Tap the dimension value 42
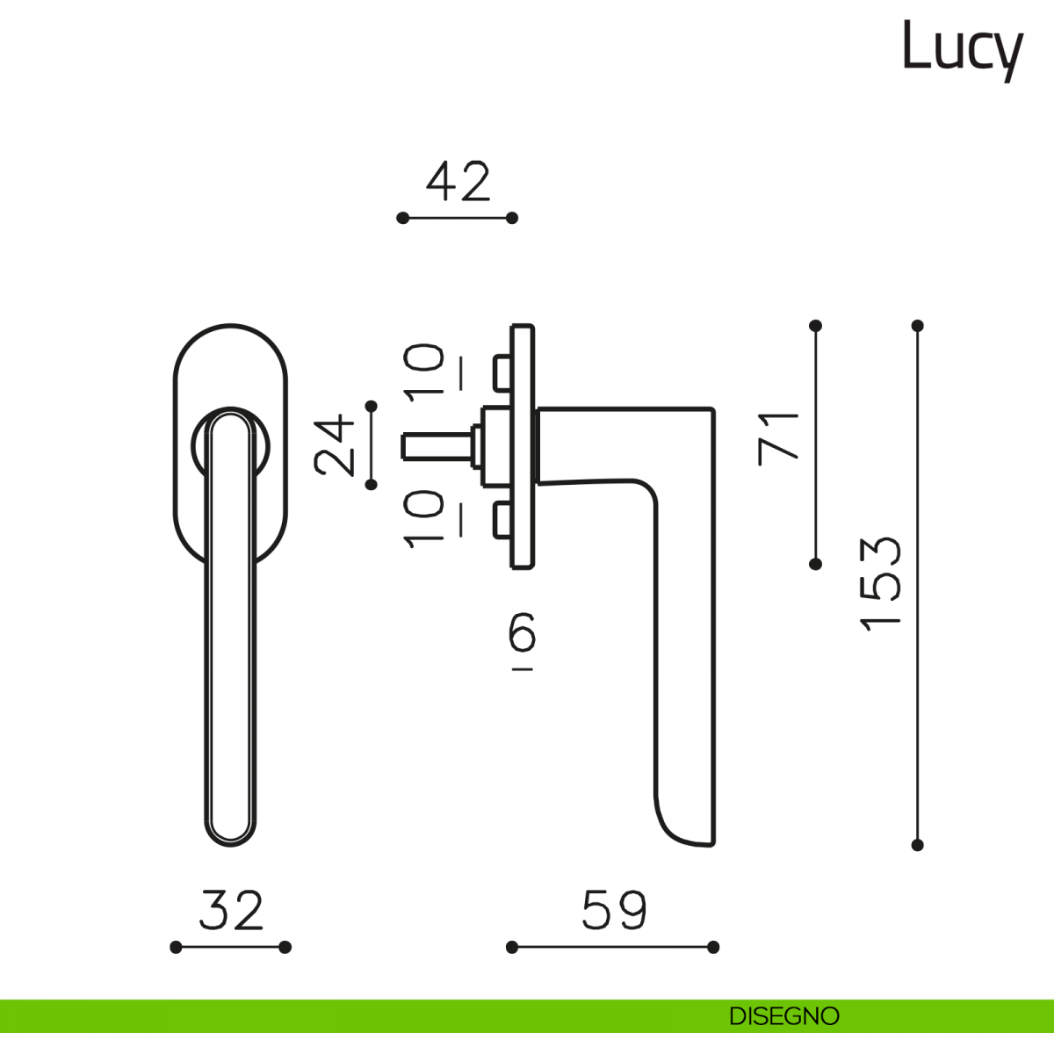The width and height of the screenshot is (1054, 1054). [x=458, y=182]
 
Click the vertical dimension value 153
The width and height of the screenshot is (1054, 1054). [x=880, y=584]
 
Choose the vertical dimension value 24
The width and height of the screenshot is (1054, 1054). [x=334, y=444]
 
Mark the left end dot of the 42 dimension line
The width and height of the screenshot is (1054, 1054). [x=402, y=218]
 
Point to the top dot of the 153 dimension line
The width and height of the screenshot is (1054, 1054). [x=918, y=326]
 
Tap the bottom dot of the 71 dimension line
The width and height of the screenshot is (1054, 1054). [x=815, y=564]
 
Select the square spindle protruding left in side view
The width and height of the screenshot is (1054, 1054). [x=437, y=446]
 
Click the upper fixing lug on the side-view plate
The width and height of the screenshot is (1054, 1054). [x=502, y=373]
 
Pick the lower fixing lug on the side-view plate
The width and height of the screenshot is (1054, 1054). [x=502, y=520]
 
